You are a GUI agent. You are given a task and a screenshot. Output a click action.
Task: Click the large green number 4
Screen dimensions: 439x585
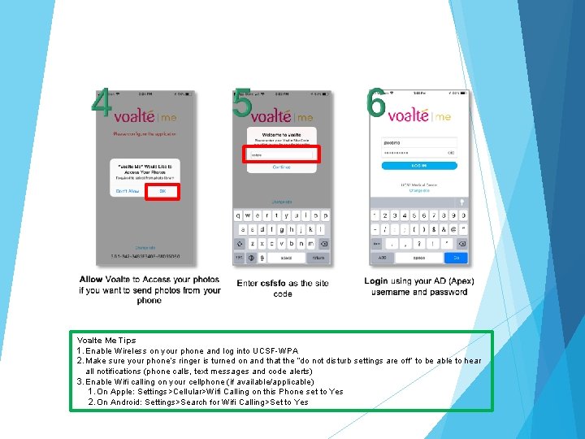(x=101, y=104)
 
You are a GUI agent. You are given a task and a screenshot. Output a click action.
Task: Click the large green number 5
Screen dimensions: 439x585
(x=241, y=104)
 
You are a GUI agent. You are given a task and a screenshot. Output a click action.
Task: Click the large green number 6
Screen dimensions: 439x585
(x=375, y=104)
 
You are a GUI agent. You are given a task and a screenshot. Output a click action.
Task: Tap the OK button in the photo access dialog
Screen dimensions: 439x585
(x=162, y=192)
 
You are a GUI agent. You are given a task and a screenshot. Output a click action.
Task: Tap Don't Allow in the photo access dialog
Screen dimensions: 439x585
(x=128, y=192)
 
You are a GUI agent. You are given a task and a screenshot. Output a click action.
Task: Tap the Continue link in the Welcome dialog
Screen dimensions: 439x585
(x=281, y=167)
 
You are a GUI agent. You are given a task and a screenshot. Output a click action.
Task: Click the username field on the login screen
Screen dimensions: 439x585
(x=419, y=142)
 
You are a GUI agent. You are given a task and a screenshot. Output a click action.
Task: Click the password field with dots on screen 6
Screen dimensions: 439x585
(x=419, y=152)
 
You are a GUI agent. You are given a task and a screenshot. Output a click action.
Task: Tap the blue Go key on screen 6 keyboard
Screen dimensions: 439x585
(x=457, y=258)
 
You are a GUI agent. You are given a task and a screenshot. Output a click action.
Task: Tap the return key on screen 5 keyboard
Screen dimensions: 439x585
(x=318, y=258)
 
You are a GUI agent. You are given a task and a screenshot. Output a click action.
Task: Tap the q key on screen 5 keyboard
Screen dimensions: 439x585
(x=238, y=216)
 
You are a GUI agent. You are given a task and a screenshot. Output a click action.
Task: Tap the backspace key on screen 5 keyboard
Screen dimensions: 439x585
(x=323, y=244)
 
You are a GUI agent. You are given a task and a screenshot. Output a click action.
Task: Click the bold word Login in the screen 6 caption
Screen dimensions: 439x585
(x=376, y=281)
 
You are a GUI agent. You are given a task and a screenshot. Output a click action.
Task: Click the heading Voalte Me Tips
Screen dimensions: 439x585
(x=106, y=341)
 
